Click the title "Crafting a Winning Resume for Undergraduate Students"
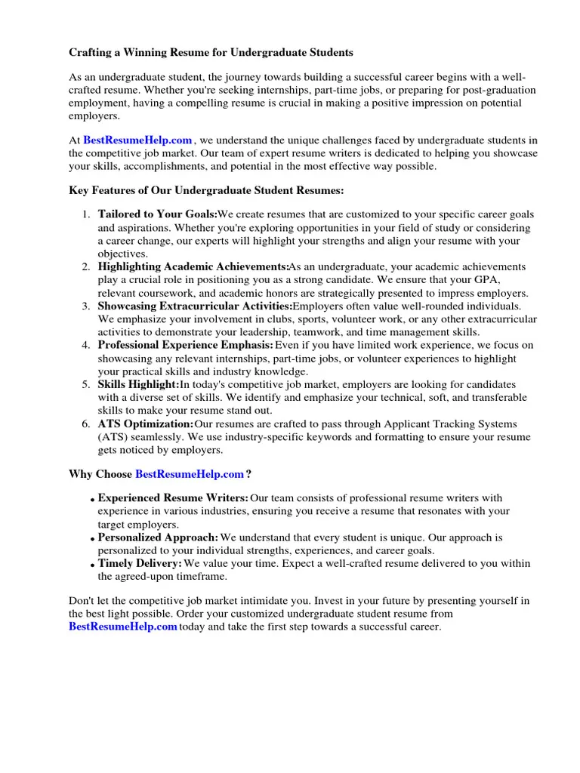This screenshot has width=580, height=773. click(x=211, y=53)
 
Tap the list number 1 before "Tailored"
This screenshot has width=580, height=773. click(x=86, y=215)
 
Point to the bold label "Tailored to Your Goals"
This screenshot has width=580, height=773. click(x=157, y=215)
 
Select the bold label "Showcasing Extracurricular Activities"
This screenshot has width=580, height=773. click(x=195, y=306)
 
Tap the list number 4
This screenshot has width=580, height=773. click(x=86, y=346)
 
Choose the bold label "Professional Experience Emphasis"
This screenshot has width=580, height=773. click(x=186, y=346)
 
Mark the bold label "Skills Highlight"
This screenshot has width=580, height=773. click(x=138, y=385)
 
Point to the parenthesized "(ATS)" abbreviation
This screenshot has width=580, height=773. click(x=114, y=437)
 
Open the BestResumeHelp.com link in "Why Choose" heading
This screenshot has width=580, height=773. click(x=190, y=474)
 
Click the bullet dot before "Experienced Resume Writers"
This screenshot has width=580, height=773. click(x=92, y=500)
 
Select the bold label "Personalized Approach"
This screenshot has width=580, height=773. click(x=158, y=538)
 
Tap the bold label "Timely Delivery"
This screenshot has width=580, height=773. click(x=140, y=564)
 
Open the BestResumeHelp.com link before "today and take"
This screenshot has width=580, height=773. click(x=123, y=627)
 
